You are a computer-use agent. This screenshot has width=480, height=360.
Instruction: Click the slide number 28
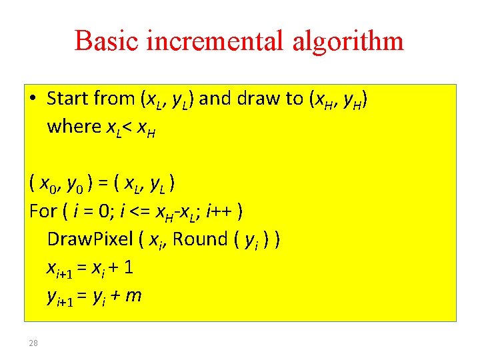34,343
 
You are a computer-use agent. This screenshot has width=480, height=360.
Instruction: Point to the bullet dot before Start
33,99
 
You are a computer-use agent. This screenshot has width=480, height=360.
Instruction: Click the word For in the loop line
44,211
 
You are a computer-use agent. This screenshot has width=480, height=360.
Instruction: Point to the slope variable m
134,295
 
